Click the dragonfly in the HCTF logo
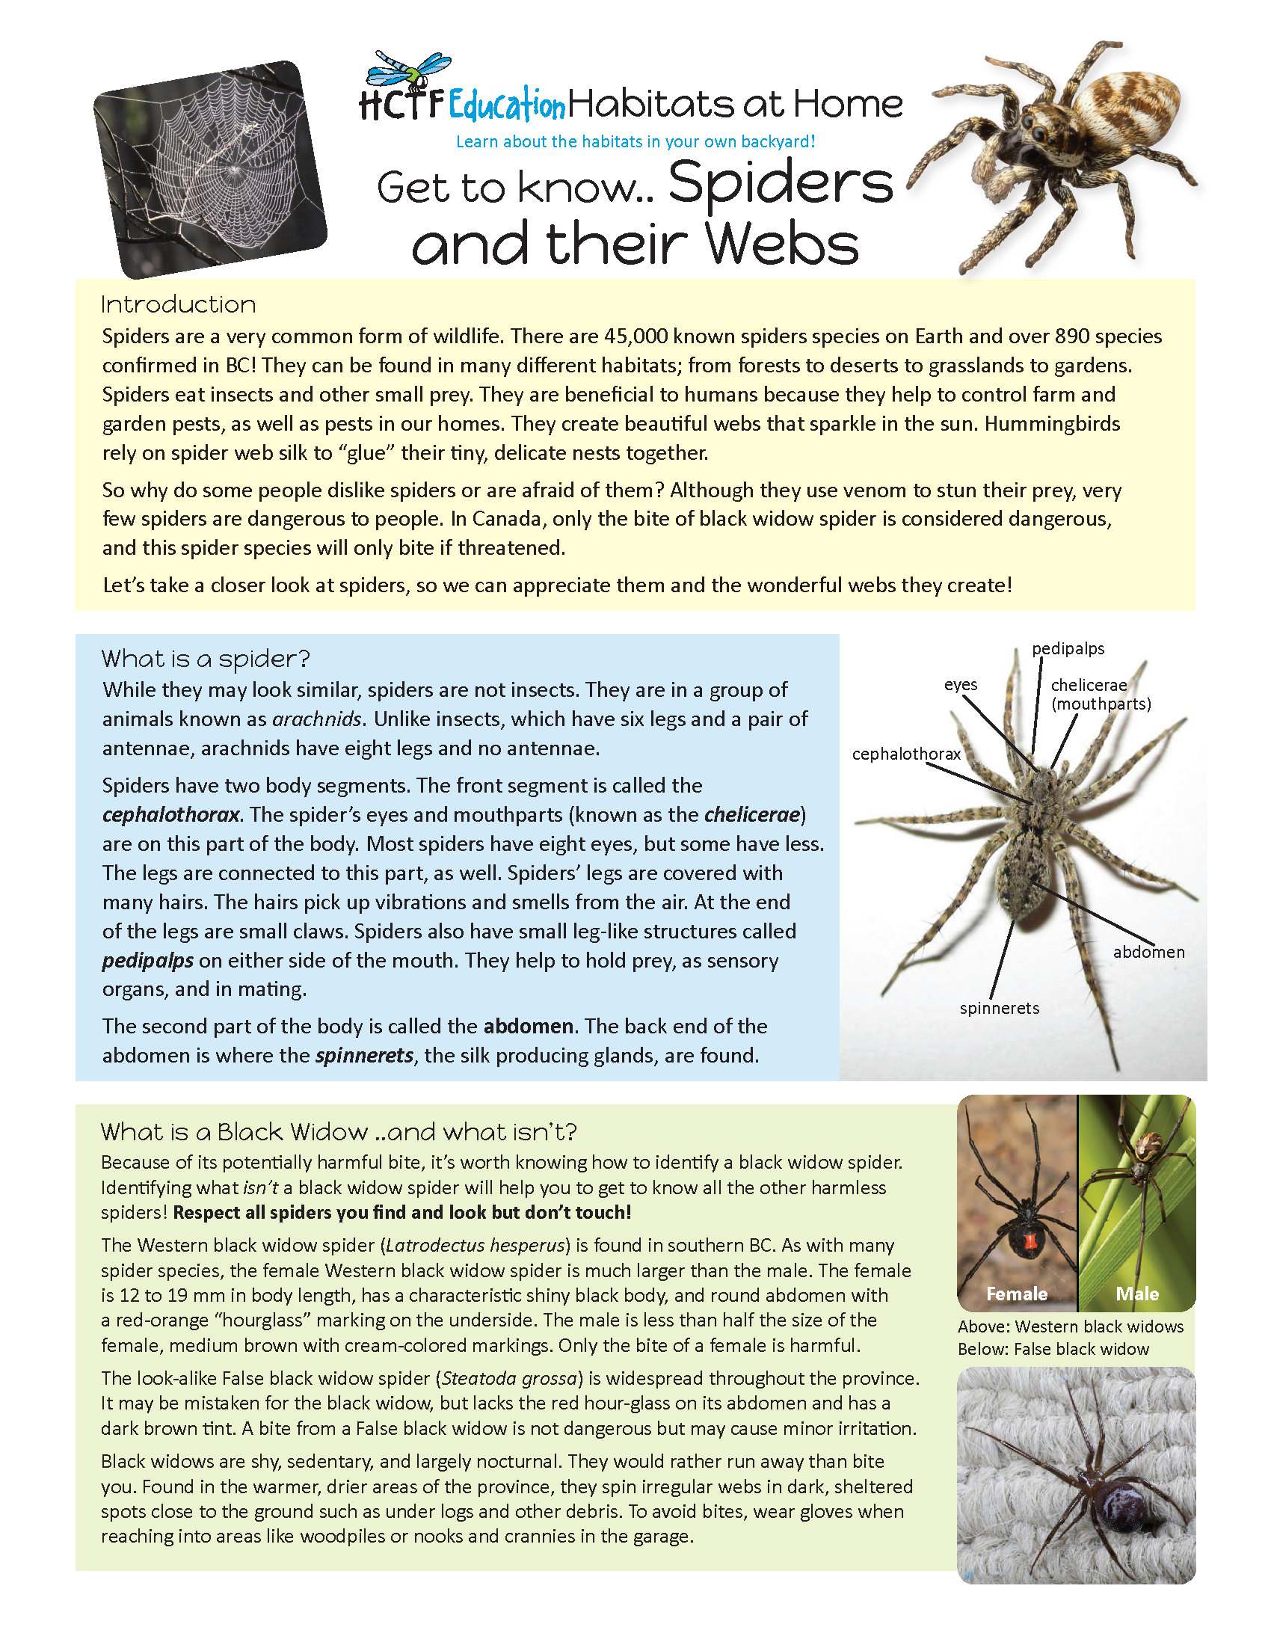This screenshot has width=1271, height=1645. click(x=407, y=70)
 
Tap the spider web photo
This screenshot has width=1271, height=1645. click(x=211, y=169)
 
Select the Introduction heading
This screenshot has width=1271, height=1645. click(x=179, y=304)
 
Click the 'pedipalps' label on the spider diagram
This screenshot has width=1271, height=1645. click(x=1068, y=648)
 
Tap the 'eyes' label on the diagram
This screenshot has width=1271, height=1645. click(x=960, y=685)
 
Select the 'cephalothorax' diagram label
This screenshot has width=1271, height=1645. click(x=906, y=754)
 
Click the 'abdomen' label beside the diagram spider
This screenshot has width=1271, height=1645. click(x=1148, y=952)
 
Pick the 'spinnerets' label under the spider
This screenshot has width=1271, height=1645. click(x=999, y=1009)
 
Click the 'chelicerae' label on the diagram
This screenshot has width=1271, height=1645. click(x=1089, y=686)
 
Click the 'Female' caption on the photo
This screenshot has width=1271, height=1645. click(x=1017, y=1294)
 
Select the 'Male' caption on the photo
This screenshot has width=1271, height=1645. click(x=1137, y=1294)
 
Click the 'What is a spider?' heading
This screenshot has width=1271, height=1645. click(x=206, y=659)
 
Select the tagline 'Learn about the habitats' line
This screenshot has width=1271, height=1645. click(x=635, y=141)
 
